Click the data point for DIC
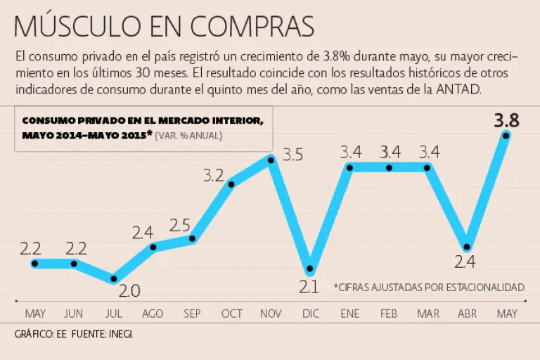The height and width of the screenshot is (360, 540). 309,269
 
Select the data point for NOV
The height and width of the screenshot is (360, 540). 271,160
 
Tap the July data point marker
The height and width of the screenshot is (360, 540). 114,278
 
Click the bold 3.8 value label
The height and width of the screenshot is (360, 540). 506,121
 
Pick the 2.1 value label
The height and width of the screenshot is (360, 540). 309,287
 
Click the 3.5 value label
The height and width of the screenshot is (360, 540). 292,155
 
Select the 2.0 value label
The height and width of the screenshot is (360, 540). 130,290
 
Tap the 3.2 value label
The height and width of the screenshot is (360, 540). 214,176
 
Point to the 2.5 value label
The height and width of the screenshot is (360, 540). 180,226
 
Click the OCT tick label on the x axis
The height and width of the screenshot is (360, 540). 231,314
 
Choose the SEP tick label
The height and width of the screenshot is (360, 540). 192,314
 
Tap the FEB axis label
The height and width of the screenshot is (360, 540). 388,314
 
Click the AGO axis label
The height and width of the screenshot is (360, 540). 153,314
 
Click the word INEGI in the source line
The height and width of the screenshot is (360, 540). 120,335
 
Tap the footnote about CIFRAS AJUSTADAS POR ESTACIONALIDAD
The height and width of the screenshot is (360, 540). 429,287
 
